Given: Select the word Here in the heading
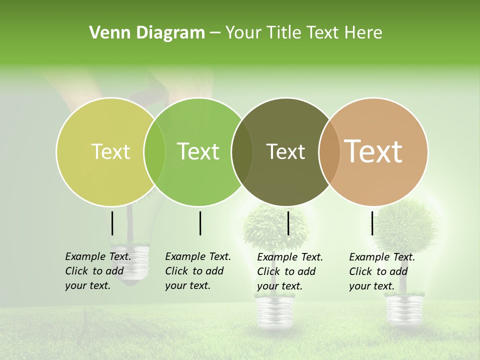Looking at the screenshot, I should coord(364,33).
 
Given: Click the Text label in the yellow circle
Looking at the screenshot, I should coord(110,151).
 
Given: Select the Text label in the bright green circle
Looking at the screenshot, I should coord(198,151).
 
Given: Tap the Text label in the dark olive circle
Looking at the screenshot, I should coord(285,151).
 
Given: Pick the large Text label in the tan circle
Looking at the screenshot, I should coord(373,151).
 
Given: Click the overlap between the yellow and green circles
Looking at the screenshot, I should coord(154,151).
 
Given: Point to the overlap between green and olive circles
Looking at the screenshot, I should coord(242,151).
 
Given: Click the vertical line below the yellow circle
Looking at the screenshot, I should coord(112,223).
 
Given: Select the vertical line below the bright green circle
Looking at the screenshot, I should coord(200,223).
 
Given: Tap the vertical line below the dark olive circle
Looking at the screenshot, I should coord(288,223).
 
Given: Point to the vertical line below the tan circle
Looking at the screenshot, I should coord(372,223).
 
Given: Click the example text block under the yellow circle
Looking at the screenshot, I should coord(97,271).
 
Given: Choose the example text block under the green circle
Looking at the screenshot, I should coord(197,271).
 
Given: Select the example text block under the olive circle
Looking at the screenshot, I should coord(289,271).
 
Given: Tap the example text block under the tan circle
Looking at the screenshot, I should coord(381,271).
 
